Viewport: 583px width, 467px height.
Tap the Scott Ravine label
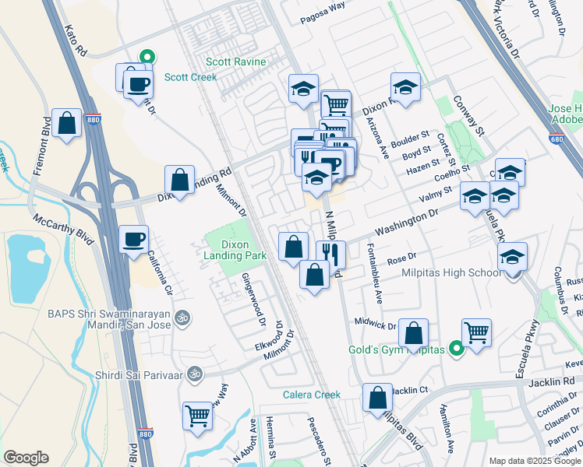(236, 61)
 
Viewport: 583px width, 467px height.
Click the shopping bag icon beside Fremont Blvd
(68, 123)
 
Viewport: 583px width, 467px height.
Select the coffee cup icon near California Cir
(133, 238)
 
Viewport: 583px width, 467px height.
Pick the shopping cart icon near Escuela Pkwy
(476, 332)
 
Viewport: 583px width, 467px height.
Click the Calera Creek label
(311, 395)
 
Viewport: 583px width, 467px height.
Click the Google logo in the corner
(26, 458)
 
